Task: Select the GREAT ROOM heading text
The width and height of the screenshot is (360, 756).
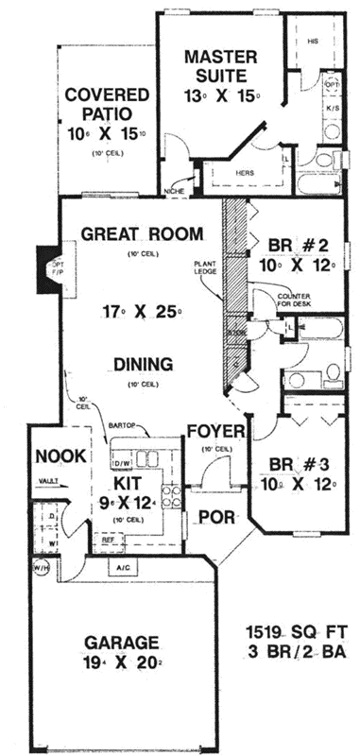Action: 142,233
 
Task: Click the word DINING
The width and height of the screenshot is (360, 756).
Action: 143,363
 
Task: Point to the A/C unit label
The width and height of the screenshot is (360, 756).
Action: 124,568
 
